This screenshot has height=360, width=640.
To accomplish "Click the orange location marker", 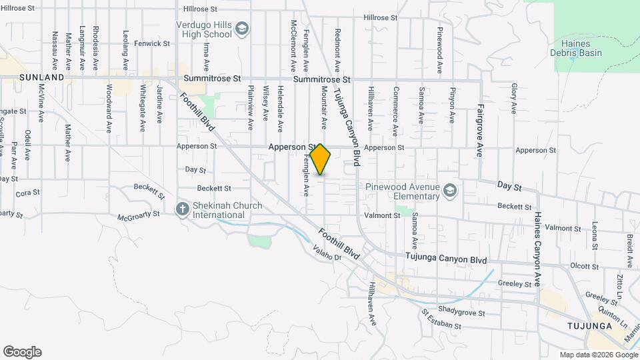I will click(321, 159).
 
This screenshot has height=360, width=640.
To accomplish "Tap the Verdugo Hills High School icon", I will click(241, 28).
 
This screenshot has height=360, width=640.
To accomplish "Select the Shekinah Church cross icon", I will click(181, 210).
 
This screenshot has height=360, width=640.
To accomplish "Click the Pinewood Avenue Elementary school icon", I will click(451, 191).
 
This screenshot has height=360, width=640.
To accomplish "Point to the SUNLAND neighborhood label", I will click(41, 77).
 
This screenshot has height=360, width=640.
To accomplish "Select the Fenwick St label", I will click(148, 43).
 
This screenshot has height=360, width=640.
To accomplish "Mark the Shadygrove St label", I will click(461, 312).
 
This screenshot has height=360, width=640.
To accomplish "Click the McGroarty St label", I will click(139, 215).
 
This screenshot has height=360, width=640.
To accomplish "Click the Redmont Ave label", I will click(337, 51).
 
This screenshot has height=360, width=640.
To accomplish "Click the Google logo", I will click(22, 352).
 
